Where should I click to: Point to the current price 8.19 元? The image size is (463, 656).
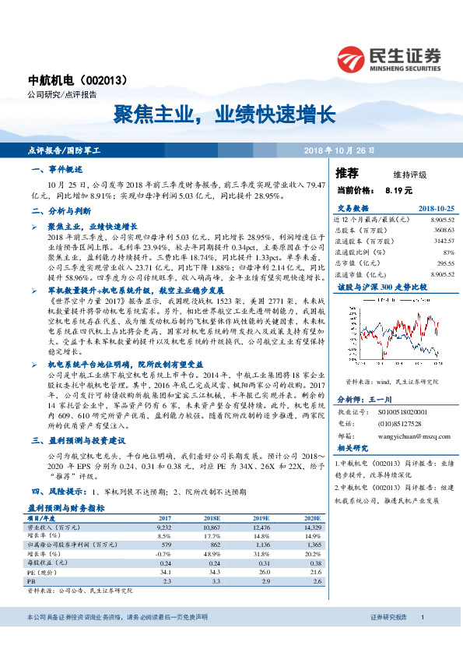click(398, 189)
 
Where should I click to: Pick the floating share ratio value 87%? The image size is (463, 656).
click(447, 252)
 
